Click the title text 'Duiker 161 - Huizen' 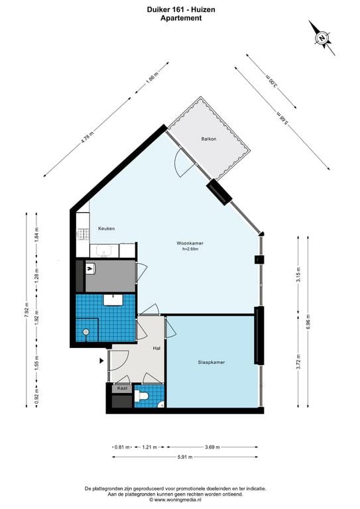[180, 10]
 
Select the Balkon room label [210, 139]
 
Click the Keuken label [106, 229]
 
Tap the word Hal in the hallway [156, 347]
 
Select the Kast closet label [122, 388]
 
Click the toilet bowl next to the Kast [141, 397]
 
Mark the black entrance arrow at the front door [101, 361]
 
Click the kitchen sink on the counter [105, 251]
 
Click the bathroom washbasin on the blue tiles [113, 300]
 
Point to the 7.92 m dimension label [27, 311]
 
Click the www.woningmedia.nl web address [182, 500]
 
